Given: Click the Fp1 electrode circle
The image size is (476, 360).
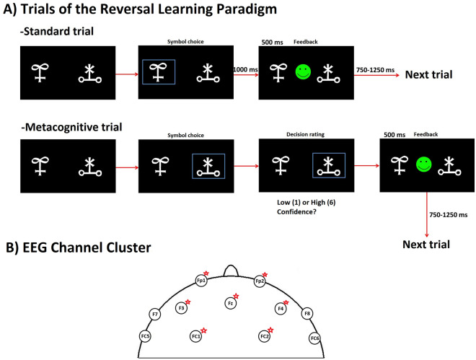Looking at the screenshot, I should (x=201, y=280).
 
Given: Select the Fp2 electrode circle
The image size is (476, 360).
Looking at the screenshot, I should (x=260, y=281).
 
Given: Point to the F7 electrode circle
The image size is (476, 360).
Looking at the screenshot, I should (x=155, y=314).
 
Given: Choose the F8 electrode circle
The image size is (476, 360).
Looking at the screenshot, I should (x=307, y=314).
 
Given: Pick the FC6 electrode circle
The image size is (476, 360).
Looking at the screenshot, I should (x=314, y=338).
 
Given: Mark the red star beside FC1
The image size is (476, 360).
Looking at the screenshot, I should (x=205, y=330).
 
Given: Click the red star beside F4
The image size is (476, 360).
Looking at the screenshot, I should (x=286, y=303).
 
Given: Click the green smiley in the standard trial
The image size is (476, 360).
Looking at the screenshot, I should (x=304, y=71).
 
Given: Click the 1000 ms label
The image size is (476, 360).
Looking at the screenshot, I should (x=245, y=68).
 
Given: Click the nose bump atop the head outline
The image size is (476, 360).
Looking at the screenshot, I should (x=230, y=271).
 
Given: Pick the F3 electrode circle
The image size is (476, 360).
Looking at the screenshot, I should (x=182, y=308).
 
